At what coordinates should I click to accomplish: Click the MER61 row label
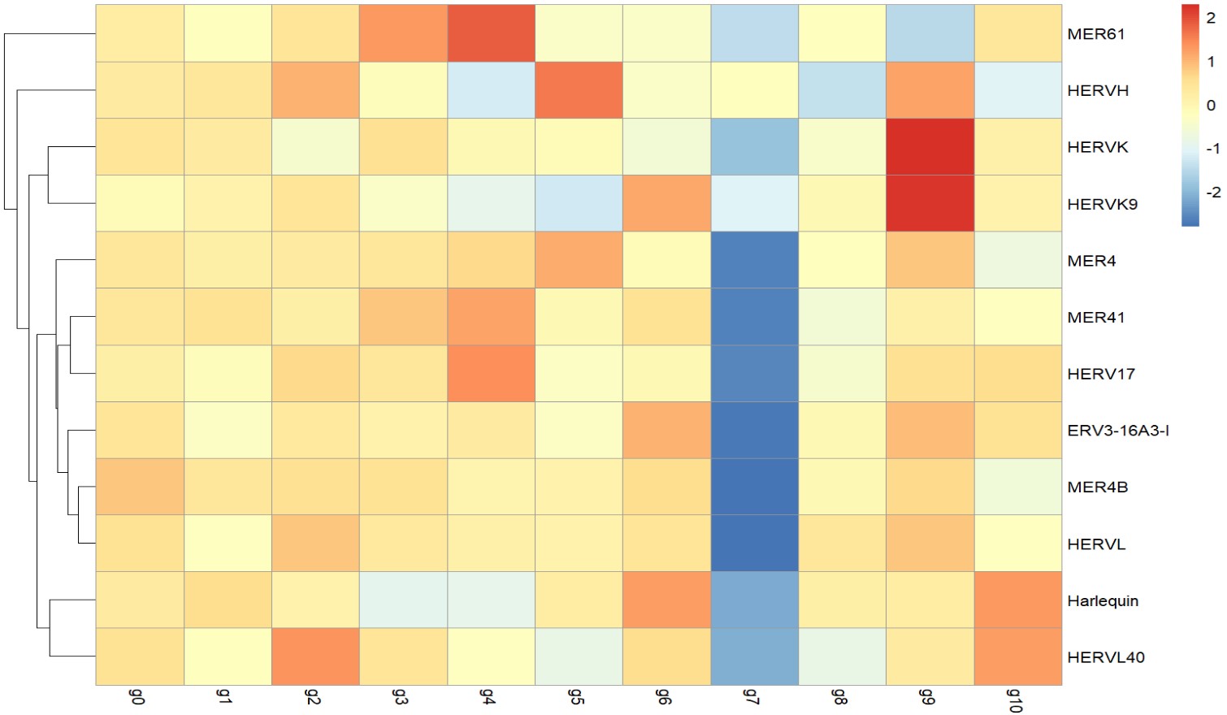(1095, 34)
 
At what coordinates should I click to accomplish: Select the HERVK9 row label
(1102, 204)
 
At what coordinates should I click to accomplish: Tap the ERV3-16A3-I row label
(1118, 431)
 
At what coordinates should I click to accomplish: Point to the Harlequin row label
(1103, 601)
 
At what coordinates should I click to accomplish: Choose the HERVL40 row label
(1105, 657)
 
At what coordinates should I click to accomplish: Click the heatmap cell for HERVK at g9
(930, 147)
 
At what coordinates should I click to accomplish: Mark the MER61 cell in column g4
(491, 33)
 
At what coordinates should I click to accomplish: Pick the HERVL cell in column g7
(754, 544)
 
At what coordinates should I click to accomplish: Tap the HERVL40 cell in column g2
(315, 656)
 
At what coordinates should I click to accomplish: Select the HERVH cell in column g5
(579, 90)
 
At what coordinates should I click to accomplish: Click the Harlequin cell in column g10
(1017, 600)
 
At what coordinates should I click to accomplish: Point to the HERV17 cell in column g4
(491, 374)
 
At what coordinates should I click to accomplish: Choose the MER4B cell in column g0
(140, 487)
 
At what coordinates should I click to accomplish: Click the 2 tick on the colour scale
(1211, 18)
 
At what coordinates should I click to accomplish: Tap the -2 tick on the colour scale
(1212, 193)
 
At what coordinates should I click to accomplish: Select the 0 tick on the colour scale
(1211, 105)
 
